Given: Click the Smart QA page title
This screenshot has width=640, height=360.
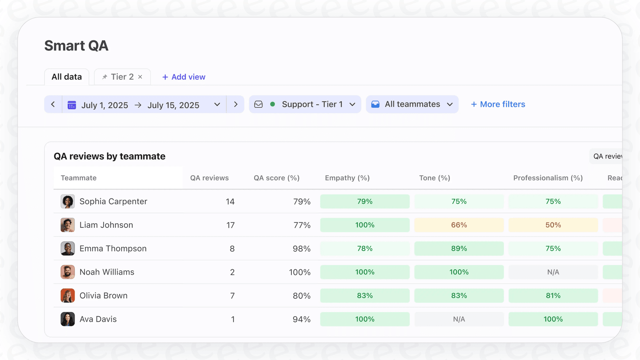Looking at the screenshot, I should pyautogui.click(x=76, y=46).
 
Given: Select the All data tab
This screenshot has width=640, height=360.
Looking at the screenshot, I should pyautogui.click(x=67, y=77).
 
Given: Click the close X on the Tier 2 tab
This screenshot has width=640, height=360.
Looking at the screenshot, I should pyautogui.click(x=140, y=77).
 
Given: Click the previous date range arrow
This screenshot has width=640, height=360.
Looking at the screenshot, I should pyautogui.click(x=53, y=104).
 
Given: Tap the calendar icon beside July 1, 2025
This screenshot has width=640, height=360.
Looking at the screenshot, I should pyautogui.click(x=72, y=105).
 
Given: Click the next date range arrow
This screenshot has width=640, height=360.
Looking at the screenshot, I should pyautogui.click(x=235, y=104).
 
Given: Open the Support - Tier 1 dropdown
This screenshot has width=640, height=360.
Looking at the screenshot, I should pyautogui.click(x=305, y=104).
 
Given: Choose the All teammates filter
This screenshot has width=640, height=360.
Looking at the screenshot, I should pyautogui.click(x=412, y=104).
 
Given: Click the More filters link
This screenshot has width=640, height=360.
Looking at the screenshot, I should pyautogui.click(x=498, y=104).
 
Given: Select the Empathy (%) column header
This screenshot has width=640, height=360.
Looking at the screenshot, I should pyautogui.click(x=347, y=178).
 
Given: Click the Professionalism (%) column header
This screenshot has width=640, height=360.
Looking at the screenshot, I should pyautogui.click(x=548, y=178).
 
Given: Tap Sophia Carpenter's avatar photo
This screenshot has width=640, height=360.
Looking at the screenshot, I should pyautogui.click(x=67, y=202).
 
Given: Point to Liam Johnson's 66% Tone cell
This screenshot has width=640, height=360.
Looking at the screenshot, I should pyautogui.click(x=459, y=225).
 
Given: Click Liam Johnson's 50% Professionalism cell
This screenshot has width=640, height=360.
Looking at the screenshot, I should pyautogui.click(x=553, y=225).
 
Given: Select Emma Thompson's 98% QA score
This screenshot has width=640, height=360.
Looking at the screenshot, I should pyautogui.click(x=301, y=249).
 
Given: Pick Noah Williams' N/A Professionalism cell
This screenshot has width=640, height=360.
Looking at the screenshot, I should pyautogui.click(x=553, y=272).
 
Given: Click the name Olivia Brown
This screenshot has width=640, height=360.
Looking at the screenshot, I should pyautogui.click(x=103, y=296).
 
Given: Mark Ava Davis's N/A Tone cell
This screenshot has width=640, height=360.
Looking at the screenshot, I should pyautogui.click(x=459, y=319).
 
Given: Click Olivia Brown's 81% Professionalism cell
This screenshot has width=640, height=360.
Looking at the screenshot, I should pyautogui.click(x=553, y=296).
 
